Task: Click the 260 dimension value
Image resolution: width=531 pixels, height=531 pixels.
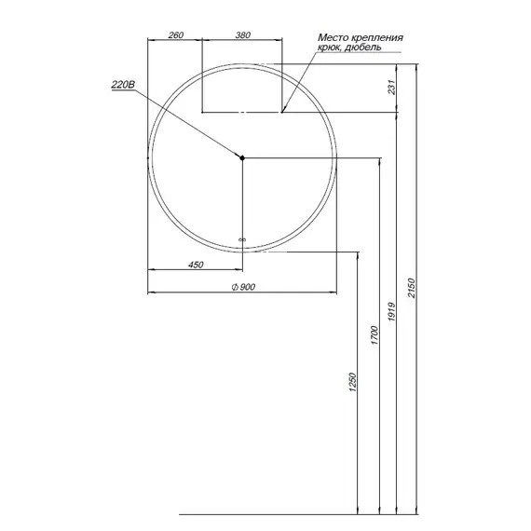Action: coord(176,34)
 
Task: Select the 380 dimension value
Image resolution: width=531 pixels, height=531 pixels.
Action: coord(243,34)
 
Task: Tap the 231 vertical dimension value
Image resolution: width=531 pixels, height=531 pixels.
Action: coord(391,87)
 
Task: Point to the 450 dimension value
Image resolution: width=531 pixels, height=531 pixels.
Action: coord(196,265)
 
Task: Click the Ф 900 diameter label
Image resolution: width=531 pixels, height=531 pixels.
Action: coord(243,287)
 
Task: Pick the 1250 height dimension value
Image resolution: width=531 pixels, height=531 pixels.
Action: coord(353,382)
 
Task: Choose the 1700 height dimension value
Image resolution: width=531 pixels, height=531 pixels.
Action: coord(374,335)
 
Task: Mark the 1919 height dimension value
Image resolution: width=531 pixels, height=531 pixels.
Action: coord(391,311)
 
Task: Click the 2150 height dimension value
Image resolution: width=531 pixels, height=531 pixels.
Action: coord(411,288)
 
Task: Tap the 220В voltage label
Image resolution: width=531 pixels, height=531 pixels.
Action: coord(123,85)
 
